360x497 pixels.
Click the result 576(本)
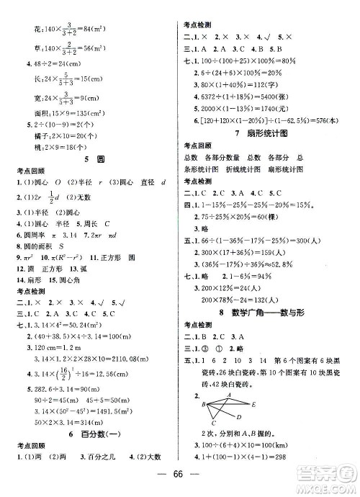pos(328,122)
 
